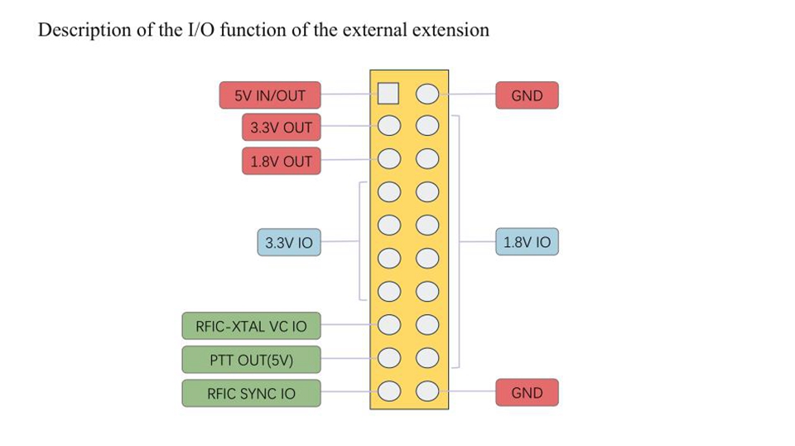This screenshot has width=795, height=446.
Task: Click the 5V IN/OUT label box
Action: pyautogui.click(x=270, y=95)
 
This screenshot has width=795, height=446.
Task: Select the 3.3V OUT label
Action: pyautogui.click(x=281, y=128)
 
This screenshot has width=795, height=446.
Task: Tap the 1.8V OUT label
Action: pyautogui.click(x=281, y=161)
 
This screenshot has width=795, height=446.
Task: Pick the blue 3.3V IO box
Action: pyautogui.click(x=288, y=243)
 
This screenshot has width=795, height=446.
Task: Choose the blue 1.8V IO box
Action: pyautogui.click(x=527, y=243)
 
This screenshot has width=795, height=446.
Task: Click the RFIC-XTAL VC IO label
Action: pyautogui.click(x=251, y=326)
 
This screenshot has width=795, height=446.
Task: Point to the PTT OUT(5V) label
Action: pyautogui.click(x=251, y=360)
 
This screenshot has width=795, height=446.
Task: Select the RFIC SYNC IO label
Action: pyautogui.click(x=251, y=393)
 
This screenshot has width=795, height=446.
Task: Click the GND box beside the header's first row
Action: pyautogui.click(x=527, y=95)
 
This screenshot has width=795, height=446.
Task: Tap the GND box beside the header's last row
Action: pyautogui.click(x=527, y=393)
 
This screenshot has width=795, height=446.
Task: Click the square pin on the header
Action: pyautogui.click(x=388, y=94)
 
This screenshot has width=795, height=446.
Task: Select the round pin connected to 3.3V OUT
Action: pyautogui.click(x=388, y=127)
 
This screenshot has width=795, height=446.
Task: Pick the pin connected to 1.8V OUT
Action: pyautogui.click(x=388, y=159)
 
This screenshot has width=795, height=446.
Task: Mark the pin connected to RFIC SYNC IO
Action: pyautogui.click(x=388, y=390)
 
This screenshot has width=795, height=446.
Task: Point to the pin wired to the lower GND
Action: pyautogui.click(x=427, y=390)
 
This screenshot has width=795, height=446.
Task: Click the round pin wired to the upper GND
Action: pyautogui.click(x=427, y=94)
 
